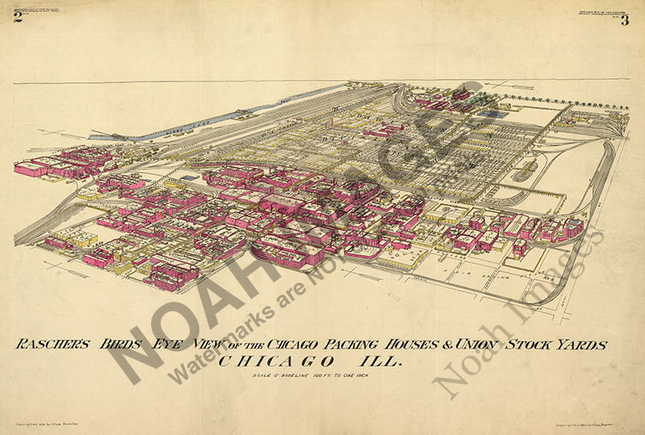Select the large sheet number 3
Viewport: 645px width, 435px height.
(x=625, y=20)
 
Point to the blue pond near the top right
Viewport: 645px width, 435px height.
(x=489, y=114)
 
